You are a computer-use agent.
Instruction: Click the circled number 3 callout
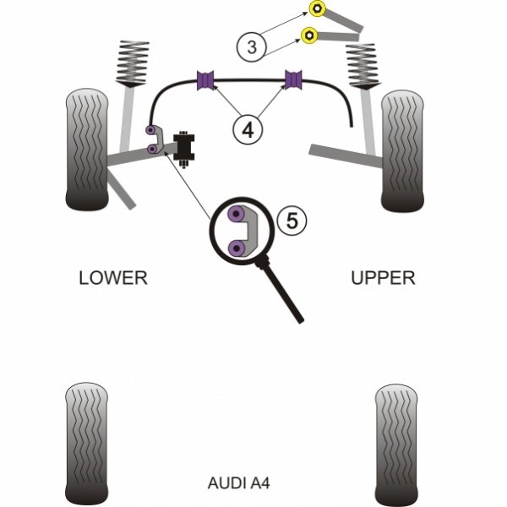click(251, 47)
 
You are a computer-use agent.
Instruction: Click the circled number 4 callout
click(248, 130)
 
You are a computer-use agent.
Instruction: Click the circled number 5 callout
click(292, 221)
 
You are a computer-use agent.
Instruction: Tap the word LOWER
click(112, 278)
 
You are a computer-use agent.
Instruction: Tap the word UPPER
click(383, 278)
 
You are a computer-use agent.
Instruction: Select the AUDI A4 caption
click(239, 483)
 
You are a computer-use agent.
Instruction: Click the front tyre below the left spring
click(88, 150)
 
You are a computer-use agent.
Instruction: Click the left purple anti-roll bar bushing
click(206, 80)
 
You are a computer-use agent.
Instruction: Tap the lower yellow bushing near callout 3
click(310, 35)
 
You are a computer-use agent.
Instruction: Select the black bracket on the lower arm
click(183, 147)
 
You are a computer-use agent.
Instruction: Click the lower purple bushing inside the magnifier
click(239, 248)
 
